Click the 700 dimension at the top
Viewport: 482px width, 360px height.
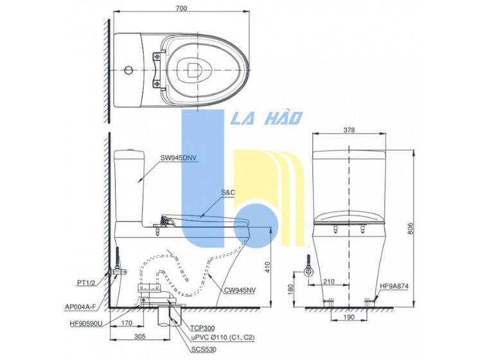click(181, 8)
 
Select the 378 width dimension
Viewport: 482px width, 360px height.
click(349, 130)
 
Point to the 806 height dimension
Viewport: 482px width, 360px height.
click(411, 228)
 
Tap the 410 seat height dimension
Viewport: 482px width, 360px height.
click(267, 267)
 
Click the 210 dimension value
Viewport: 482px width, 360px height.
click(328, 282)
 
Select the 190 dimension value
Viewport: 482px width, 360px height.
click(348, 317)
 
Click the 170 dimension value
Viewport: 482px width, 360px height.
click(127, 323)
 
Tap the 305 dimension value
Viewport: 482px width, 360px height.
click(140, 336)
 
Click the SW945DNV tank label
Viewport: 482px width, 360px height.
click(179, 157)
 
